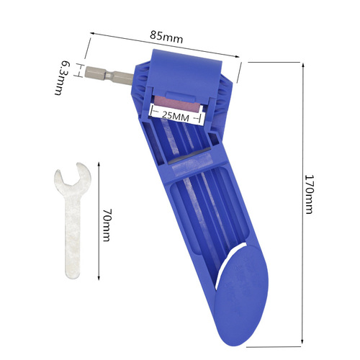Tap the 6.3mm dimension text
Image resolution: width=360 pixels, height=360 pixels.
pos(64,77)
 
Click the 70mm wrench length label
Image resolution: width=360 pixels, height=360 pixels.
pos(106,225)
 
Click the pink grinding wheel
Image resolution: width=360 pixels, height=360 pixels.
pos(176,102)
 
